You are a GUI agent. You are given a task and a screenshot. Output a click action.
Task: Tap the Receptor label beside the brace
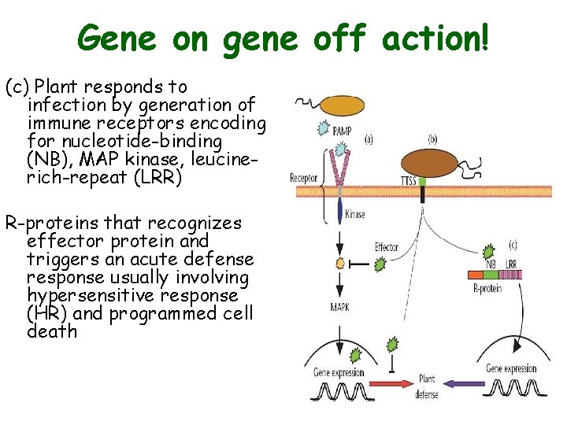(x=303, y=178)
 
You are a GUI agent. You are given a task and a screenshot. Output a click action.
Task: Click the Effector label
(x=387, y=246)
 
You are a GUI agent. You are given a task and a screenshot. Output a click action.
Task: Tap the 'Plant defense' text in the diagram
(x=427, y=385)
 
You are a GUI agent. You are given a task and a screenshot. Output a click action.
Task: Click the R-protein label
(x=486, y=290)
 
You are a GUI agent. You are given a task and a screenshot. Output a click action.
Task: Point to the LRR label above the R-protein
(x=511, y=263)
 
